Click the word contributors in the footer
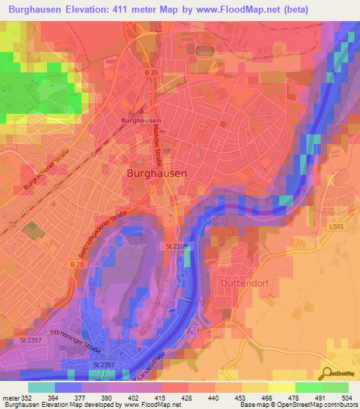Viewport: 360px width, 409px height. (x=337, y=405)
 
